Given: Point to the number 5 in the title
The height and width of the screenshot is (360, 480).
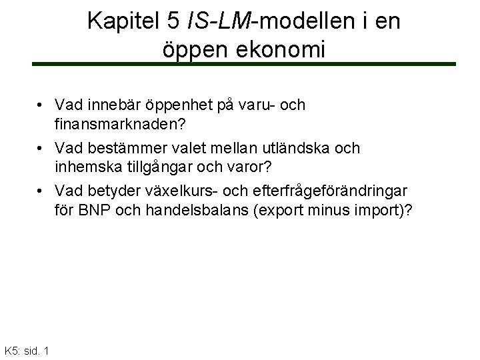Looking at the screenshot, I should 172,22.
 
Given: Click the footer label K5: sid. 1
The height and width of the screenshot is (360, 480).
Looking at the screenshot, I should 26,351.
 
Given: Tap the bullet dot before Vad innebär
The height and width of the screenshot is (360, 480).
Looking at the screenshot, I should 41,106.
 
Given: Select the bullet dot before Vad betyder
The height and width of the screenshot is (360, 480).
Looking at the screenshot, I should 41,191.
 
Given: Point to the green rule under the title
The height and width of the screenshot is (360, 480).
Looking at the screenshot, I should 244,64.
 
